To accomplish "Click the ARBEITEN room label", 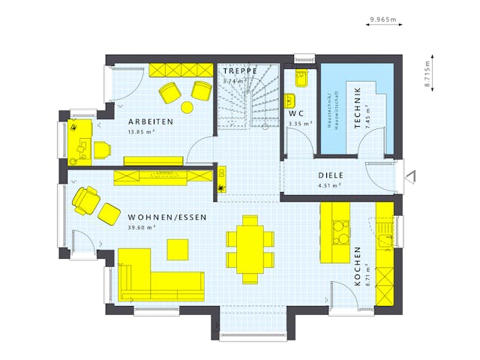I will tap(150, 121).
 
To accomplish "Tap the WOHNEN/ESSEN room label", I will tap(166, 217).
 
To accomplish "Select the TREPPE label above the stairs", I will tap(240, 70).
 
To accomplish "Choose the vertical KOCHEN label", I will tap(358, 265).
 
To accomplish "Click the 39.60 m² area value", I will tap(141, 227).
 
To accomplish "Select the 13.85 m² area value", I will tap(141, 132).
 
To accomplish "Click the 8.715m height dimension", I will tap(427, 75).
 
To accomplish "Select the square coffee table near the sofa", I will tap(178, 248).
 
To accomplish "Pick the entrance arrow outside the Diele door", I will tap(409, 177).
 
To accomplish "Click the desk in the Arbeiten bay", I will tap(77, 140).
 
